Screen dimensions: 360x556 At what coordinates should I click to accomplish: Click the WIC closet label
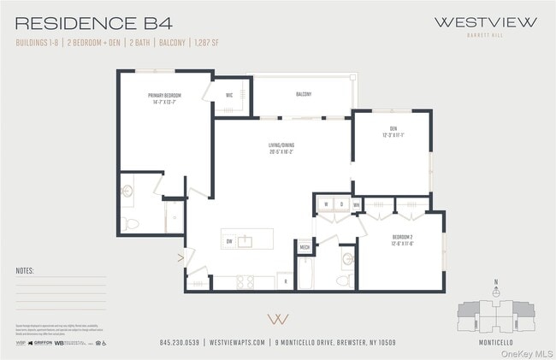point(229,95)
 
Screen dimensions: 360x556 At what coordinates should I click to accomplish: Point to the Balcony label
point(304,94)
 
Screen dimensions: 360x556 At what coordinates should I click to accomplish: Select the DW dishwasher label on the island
point(229,242)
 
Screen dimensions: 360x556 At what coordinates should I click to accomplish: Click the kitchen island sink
point(245,241)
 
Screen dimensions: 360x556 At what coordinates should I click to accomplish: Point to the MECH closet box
point(305,247)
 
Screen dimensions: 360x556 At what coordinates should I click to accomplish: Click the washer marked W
point(326,204)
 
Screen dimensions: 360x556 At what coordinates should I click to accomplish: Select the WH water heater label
point(356,204)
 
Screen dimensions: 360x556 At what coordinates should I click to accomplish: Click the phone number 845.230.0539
point(180,343)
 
